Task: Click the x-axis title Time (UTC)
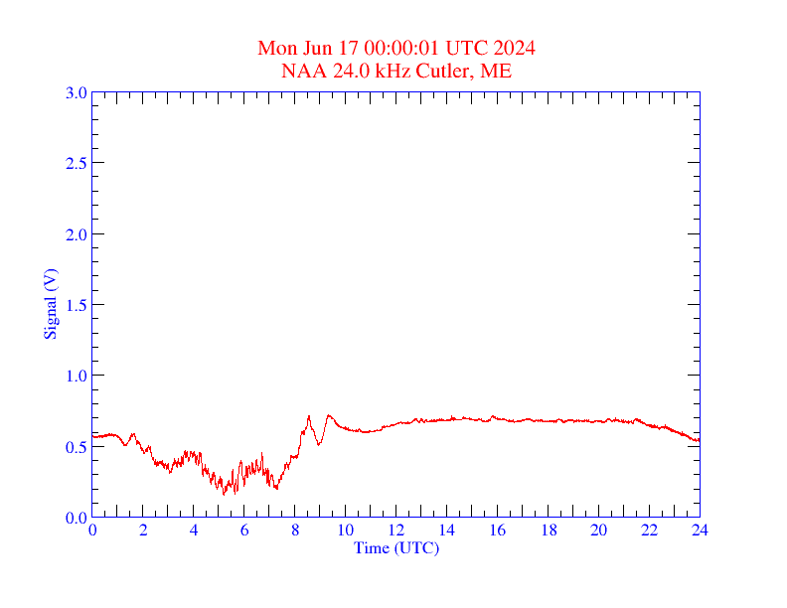point(396,547)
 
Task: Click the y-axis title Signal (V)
point(49,304)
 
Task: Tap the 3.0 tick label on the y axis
point(76,92)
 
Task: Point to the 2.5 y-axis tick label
point(76,163)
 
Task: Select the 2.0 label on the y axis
point(76,234)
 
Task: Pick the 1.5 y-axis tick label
point(76,305)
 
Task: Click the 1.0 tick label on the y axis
point(76,376)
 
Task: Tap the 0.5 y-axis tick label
point(76,447)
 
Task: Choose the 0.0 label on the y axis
point(76,518)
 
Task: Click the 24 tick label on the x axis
point(700,531)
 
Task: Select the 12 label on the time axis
point(396,531)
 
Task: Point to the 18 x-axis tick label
point(549,531)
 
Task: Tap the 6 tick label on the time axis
point(244,531)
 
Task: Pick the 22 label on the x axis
point(649,531)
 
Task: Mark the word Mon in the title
point(277,49)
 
